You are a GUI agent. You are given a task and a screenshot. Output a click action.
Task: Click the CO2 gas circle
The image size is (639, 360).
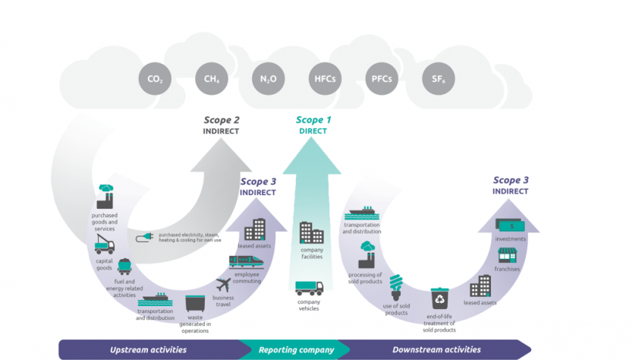154,79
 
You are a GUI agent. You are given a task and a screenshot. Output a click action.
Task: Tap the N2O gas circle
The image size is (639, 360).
267,79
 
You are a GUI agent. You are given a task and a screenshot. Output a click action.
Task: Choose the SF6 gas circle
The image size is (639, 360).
438,79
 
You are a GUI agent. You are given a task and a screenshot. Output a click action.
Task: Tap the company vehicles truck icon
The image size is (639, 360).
309,289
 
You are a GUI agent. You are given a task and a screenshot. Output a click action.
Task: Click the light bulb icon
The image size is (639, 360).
395,288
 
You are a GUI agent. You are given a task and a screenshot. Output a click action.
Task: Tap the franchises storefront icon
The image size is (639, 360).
507,257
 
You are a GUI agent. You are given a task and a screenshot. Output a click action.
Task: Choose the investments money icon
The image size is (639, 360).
509,226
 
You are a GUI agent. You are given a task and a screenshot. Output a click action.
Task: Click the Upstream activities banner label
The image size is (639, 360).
149,350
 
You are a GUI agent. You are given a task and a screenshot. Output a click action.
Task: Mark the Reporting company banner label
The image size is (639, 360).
296,350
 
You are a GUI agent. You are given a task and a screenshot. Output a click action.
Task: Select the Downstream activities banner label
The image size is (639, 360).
436,350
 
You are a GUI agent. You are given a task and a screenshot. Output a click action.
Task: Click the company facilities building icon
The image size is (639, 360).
311,232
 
